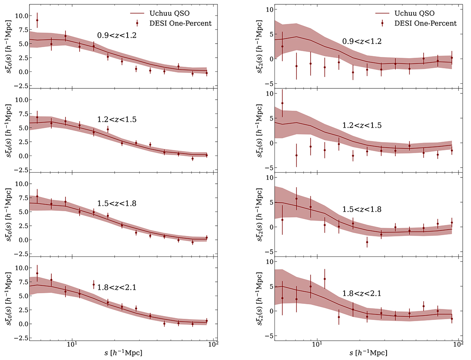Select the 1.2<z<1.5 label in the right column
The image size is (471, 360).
pyautogui.click(x=362, y=125)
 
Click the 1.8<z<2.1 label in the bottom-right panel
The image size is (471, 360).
pyautogui.click(x=362, y=293)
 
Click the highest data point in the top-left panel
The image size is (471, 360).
pyautogui.click(x=37, y=20)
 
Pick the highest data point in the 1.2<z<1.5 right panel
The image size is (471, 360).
pyautogui.click(x=282, y=103)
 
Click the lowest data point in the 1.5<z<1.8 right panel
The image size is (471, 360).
pyautogui.click(x=367, y=242)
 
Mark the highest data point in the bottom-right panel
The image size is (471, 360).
pyautogui.click(x=325, y=279)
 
